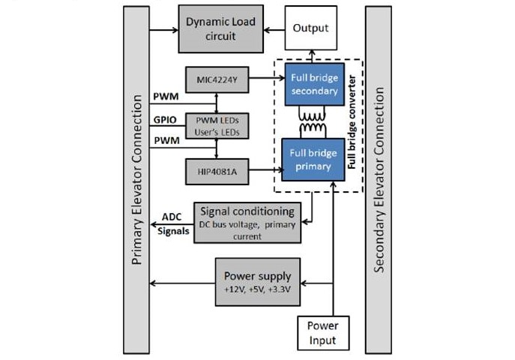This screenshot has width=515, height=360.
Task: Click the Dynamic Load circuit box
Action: [220, 29]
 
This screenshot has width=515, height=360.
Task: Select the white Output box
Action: [310, 29]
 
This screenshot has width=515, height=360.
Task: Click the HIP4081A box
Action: [216, 172]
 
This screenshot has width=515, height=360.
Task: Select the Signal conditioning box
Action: [247, 222]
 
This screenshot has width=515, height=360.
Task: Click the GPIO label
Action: [164, 119]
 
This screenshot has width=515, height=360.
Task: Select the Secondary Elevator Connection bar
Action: [379, 180]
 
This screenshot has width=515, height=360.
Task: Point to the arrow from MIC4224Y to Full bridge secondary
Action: [264, 78]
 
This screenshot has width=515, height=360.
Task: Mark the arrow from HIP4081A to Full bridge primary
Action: [264, 172]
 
